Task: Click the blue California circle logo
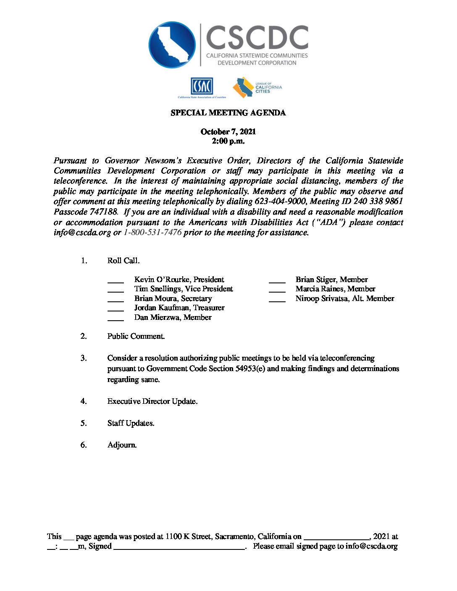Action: coord(172,45)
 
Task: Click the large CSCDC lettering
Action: coord(257,38)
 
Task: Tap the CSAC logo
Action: coord(202,86)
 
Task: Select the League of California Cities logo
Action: coord(257,87)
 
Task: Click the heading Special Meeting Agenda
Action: coord(228,113)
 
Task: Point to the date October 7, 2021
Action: coord(228,132)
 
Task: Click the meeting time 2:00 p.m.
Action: coord(228,141)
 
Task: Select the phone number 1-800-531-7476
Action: coord(152,233)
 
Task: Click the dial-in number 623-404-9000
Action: coord(280,201)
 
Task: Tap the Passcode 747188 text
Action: coord(85,212)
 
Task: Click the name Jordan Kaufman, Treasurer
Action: coord(179,308)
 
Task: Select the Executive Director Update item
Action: coord(152,401)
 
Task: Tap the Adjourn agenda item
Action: coord(122,445)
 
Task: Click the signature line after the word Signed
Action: coord(179,547)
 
